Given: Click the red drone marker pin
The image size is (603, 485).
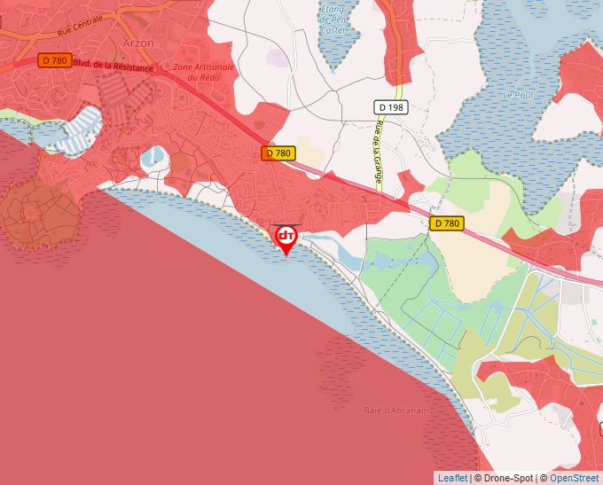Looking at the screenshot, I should (x=286, y=238).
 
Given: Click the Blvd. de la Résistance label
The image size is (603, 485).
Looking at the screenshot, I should (x=112, y=64).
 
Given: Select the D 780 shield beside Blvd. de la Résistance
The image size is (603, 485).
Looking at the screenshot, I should (x=54, y=60).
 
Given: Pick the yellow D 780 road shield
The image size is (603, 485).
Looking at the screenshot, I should (x=447, y=223).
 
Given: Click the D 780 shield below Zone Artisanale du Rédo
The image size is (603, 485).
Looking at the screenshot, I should (x=278, y=153).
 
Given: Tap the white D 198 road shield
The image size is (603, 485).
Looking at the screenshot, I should (x=388, y=107).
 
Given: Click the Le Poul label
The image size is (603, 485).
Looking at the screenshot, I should (x=514, y=95).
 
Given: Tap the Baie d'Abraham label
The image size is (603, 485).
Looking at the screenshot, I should (x=397, y=411).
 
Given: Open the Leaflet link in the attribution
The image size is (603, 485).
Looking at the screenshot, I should (x=452, y=478).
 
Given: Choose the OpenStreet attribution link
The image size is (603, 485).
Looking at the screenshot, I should (x=574, y=478).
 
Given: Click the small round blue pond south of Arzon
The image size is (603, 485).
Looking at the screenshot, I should (x=152, y=157).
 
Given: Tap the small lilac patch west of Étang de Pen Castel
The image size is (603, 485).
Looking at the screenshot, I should (x=278, y=59).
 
